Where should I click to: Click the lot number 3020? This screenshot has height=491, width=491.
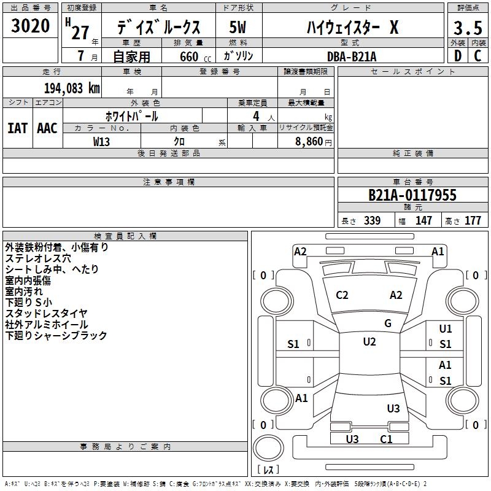click(31, 26)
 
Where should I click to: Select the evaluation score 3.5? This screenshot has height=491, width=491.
click(467, 28)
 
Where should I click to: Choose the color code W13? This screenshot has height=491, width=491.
click(102, 141)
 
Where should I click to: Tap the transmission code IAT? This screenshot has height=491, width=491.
click(18, 128)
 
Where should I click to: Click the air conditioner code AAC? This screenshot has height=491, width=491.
click(47, 128)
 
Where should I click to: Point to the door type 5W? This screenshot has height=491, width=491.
click(238, 28)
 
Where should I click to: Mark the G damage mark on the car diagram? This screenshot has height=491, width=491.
click(388, 323)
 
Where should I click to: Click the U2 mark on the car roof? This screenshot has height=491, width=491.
click(369, 342)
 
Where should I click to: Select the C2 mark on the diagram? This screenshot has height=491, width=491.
click(342, 295)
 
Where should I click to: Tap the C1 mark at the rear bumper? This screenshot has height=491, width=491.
click(386, 439)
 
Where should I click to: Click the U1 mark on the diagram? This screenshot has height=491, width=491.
click(445, 329)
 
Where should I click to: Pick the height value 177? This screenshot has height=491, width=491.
click(473, 221)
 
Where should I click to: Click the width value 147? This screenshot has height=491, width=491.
click(423, 221)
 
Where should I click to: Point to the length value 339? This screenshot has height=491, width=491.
click(372, 221)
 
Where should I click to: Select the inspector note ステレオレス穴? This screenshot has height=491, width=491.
click(38, 258)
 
